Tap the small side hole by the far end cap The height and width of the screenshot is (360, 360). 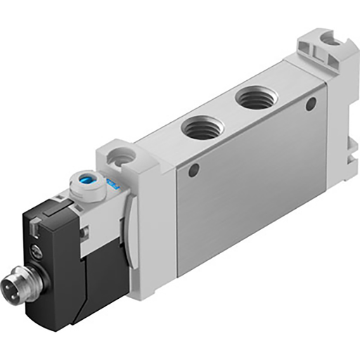coord(309,105)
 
